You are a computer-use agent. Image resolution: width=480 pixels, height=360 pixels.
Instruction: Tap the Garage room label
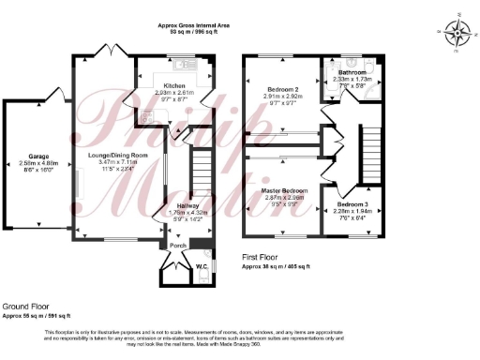point(39,157)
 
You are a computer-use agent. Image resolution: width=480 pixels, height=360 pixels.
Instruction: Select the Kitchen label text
point(173,85)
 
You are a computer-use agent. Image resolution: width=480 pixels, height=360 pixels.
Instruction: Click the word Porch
point(177,247)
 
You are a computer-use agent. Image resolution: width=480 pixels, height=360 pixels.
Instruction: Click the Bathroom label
point(352,72)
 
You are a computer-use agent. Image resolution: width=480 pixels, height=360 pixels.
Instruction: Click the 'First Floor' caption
point(264,259)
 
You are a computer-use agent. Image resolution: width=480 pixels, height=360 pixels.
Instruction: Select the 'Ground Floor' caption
point(26,307)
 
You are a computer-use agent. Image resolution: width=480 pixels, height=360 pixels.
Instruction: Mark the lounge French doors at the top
point(113,51)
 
